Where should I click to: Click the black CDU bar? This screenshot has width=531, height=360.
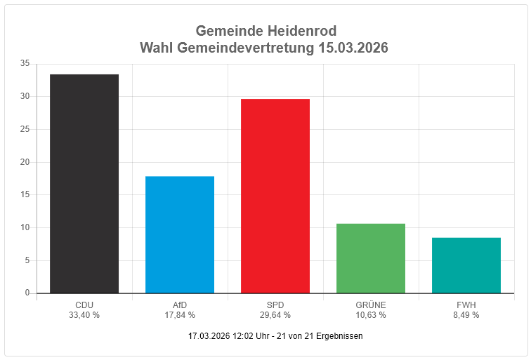click(x=84, y=184)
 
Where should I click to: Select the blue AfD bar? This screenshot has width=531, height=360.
click(x=180, y=234)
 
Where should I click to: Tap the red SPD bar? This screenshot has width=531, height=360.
click(x=275, y=196)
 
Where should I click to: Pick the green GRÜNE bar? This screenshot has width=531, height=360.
click(x=371, y=258)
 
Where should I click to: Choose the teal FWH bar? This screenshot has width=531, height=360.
click(x=466, y=265)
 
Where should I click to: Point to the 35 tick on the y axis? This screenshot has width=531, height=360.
click(x=25, y=64)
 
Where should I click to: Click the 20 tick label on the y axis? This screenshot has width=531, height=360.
click(x=25, y=162)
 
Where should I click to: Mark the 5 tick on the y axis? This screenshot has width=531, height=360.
click(x=27, y=260)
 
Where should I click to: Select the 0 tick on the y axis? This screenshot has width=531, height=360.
click(x=27, y=293)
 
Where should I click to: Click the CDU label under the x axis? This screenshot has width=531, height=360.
click(x=84, y=305)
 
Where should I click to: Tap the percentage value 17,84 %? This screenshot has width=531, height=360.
click(x=180, y=315)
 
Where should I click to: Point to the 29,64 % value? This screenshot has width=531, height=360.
click(x=275, y=315)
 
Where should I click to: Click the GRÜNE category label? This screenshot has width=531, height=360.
click(x=371, y=305)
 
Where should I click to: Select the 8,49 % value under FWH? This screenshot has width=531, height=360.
click(x=466, y=315)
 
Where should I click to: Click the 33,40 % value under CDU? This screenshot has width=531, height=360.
click(x=84, y=315)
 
